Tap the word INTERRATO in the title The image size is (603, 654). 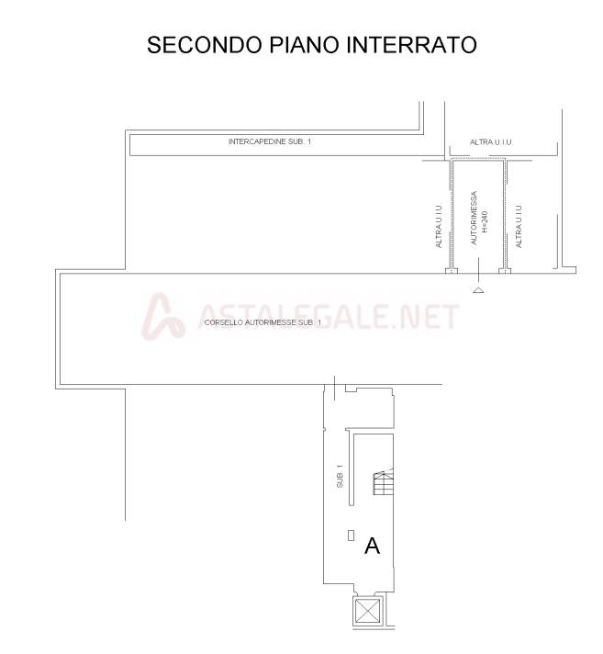[x=411, y=45]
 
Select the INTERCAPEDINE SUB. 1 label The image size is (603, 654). [x=270, y=141]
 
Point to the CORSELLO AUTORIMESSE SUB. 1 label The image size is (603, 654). [x=262, y=322]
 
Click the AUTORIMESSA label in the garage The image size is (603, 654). [x=474, y=218]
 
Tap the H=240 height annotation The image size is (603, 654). [x=485, y=221]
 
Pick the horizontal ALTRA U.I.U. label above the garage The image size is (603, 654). [x=491, y=142]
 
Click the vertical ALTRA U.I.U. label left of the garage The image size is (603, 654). [x=439, y=227]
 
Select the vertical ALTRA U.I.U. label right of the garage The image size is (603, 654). [x=519, y=227]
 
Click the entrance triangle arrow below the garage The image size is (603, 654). [x=478, y=290]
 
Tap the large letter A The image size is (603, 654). [x=372, y=546]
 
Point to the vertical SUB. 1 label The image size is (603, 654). [x=340, y=477]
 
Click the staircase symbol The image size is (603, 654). [x=384, y=481]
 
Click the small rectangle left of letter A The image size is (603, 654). [x=351, y=536]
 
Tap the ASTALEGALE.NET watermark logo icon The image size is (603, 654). [x=162, y=316]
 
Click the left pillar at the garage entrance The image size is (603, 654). [x=452, y=271]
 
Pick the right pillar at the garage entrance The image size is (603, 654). [x=505, y=271]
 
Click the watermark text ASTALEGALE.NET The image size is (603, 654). [x=329, y=316]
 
